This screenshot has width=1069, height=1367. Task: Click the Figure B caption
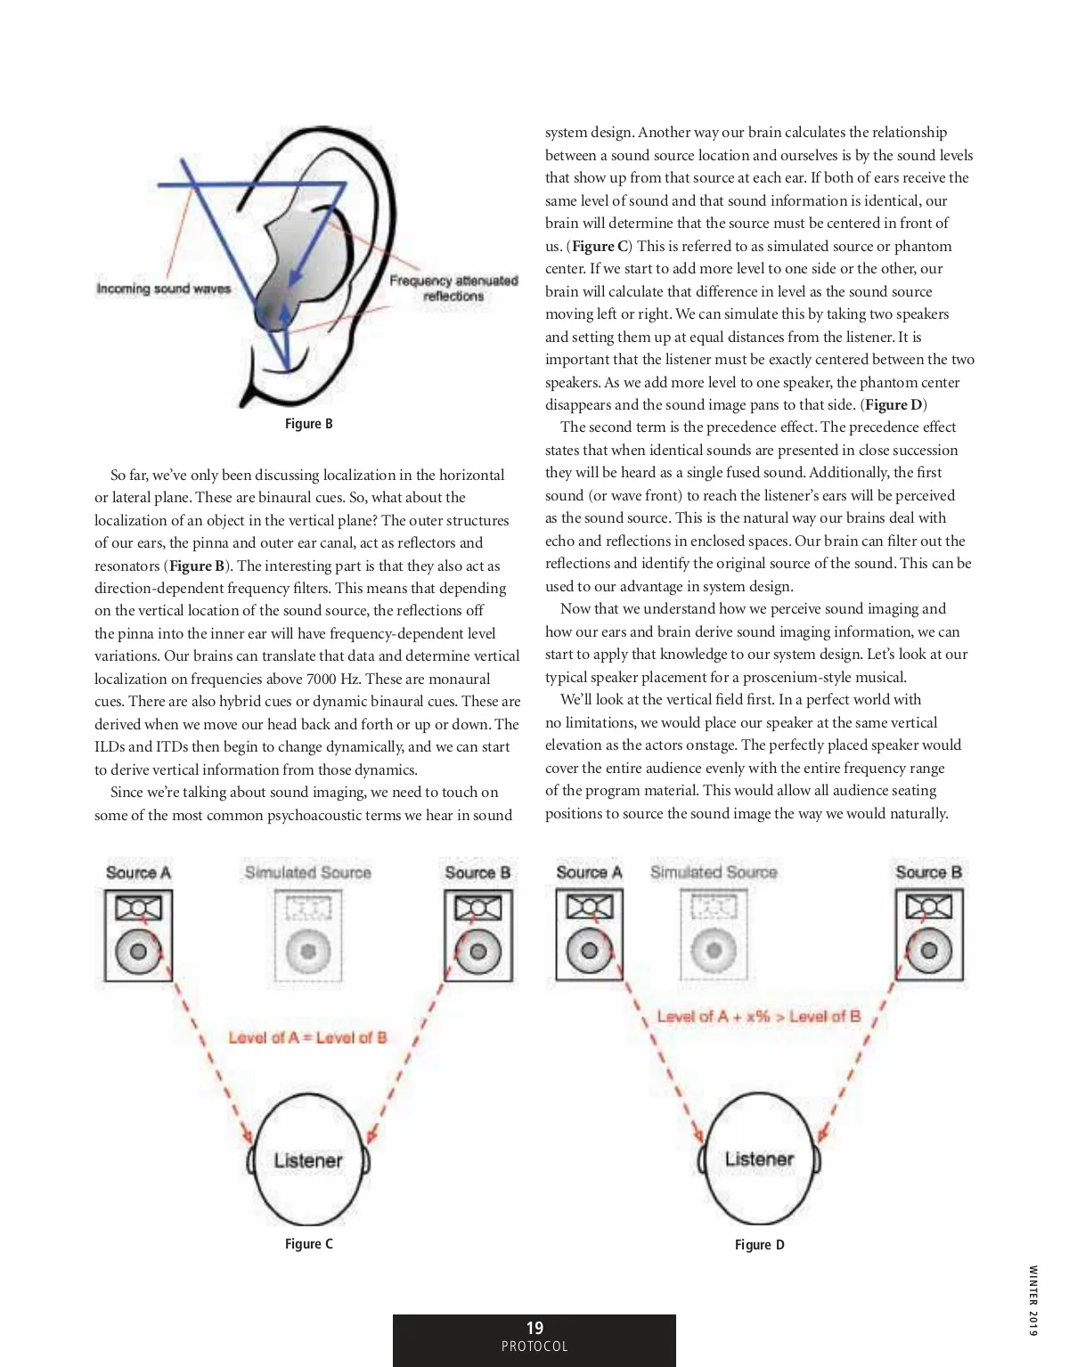[x=308, y=424]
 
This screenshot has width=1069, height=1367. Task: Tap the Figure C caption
[x=308, y=1243]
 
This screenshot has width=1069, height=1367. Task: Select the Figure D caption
[x=759, y=1244]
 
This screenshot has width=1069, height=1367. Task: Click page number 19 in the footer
[x=534, y=1327]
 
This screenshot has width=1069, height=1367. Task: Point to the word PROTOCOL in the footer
[x=534, y=1347]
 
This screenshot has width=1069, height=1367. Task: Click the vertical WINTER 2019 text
[x=1032, y=1300]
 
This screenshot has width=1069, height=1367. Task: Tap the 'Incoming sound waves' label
[x=164, y=289]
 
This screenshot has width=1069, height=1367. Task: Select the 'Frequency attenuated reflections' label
[x=453, y=288]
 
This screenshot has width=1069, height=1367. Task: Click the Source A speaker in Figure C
[x=138, y=936]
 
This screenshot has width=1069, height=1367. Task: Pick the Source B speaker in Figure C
[x=478, y=936]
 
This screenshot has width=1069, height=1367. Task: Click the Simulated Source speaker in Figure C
[x=308, y=936]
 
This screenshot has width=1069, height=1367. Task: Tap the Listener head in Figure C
[x=308, y=1160]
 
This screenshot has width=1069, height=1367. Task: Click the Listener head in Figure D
[x=759, y=1159]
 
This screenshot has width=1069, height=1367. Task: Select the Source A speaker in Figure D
[x=589, y=934]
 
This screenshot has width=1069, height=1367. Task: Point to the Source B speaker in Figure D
[x=929, y=934]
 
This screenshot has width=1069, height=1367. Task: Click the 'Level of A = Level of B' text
[x=308, y=1037]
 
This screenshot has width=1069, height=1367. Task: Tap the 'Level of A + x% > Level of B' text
[x=759, y=1016]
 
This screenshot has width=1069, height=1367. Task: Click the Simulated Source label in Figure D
[x=714, y=873]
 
